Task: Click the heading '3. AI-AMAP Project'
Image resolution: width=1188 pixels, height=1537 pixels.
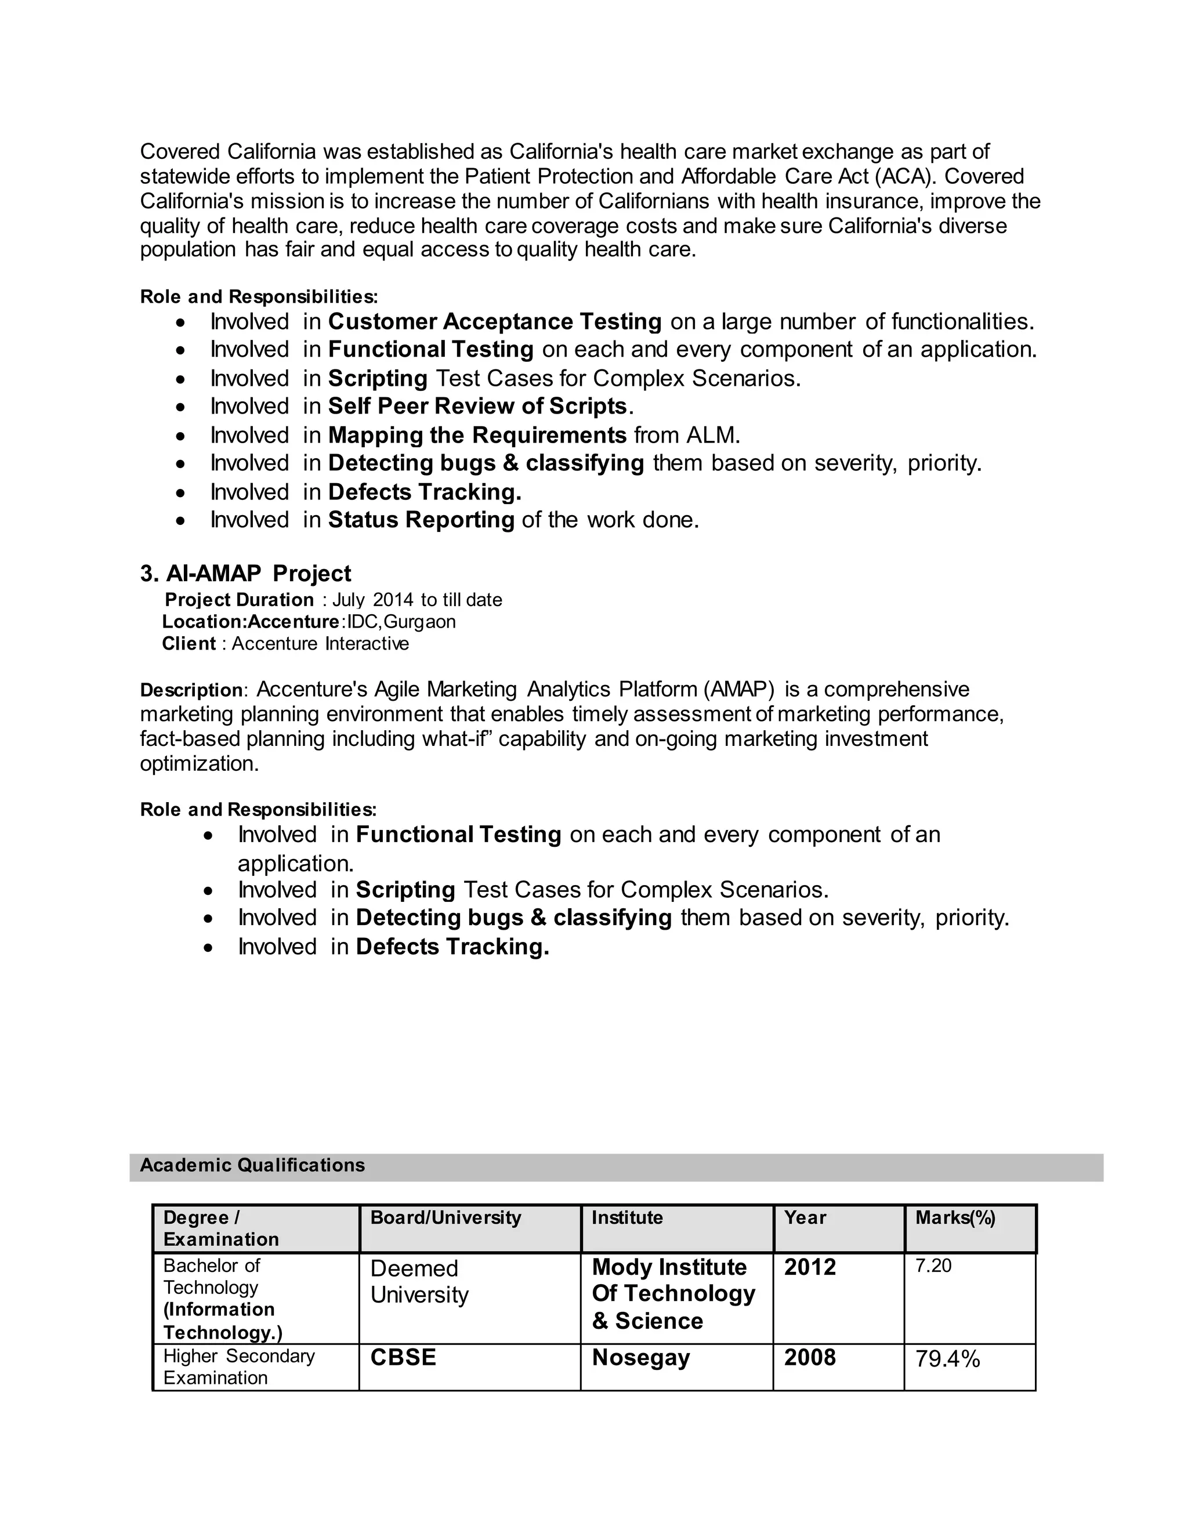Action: click(x=245, y=574)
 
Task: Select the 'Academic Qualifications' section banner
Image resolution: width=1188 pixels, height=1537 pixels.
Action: click(x=252, y=1165)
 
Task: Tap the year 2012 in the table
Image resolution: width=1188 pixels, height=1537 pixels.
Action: click(x=810, y=1267)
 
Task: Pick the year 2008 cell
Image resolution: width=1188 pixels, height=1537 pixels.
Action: click(x=810, y=1358)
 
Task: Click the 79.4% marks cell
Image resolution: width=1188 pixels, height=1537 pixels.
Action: click(x=947, y=1359)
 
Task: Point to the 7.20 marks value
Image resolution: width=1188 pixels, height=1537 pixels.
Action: click(x=933, y=1266)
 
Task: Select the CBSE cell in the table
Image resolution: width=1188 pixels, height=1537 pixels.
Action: click(x=403, y=1358)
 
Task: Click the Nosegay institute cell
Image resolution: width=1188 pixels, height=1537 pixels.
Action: click(x=640, y=1358)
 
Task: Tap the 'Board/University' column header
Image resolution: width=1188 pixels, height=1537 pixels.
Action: click(x=445, y=1218)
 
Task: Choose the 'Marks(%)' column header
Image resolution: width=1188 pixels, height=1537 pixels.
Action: click(x=955, y=1218)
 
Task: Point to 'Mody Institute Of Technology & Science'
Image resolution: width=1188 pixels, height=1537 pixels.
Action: click(x=673, y=1293)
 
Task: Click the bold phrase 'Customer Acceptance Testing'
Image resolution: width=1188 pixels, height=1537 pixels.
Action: click(x=495, y=322)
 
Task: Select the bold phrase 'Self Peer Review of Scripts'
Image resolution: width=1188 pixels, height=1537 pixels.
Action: click(x=477, y=406)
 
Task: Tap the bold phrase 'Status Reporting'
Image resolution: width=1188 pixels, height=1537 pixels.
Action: click(x=422, y=520)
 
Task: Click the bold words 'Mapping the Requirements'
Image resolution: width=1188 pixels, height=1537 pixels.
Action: click(x=477, y=435)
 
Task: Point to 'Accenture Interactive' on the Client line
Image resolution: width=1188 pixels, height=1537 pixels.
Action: click(x=320, y=644)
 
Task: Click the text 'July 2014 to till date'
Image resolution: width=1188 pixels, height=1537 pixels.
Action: click(x=417, y=600)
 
